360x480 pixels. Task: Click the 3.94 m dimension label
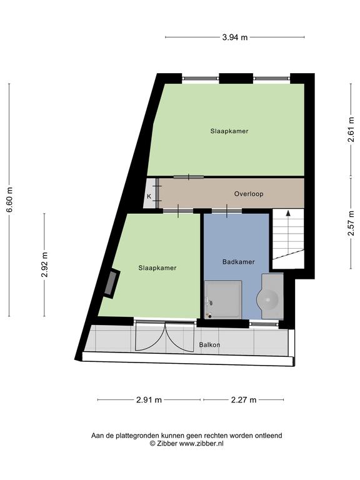(x=235, y=37)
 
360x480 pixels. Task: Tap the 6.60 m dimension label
(x=10, y=199)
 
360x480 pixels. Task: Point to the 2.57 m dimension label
(x=351, y=223)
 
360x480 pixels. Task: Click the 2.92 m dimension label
(x=45, y=264)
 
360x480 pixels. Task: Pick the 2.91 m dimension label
(x=149, y=400)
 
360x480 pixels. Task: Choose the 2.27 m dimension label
(x=244, y=400)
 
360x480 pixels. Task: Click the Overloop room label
(x=249, y=194)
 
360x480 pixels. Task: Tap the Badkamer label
(x=239, y=262)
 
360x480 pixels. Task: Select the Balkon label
(x=209, y=345)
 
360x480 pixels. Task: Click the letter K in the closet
(x=149, y=196)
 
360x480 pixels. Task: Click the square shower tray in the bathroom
(x=223, y=300)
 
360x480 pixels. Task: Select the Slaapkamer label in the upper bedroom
(x=229, y=131)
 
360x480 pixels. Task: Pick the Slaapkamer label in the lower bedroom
(x=157, y=268)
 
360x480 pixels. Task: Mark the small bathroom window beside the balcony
(x=264, y=324)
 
